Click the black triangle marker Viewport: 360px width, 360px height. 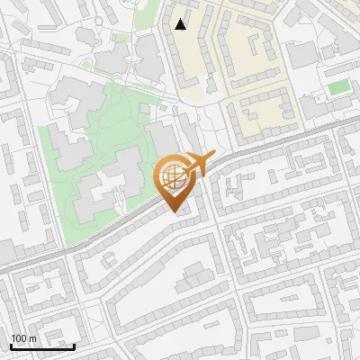point(181,24)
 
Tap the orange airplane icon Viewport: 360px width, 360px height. point(198,165)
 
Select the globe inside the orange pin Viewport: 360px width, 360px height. point(173,177)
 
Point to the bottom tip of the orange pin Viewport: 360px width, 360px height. point(173,213)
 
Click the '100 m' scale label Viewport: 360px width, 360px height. point(23,338)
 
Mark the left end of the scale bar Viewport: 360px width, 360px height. point(11,346)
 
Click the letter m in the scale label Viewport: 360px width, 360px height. point(32,338)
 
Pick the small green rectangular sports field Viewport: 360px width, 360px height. point(339,87)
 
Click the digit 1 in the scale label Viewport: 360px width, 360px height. point(13,338)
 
